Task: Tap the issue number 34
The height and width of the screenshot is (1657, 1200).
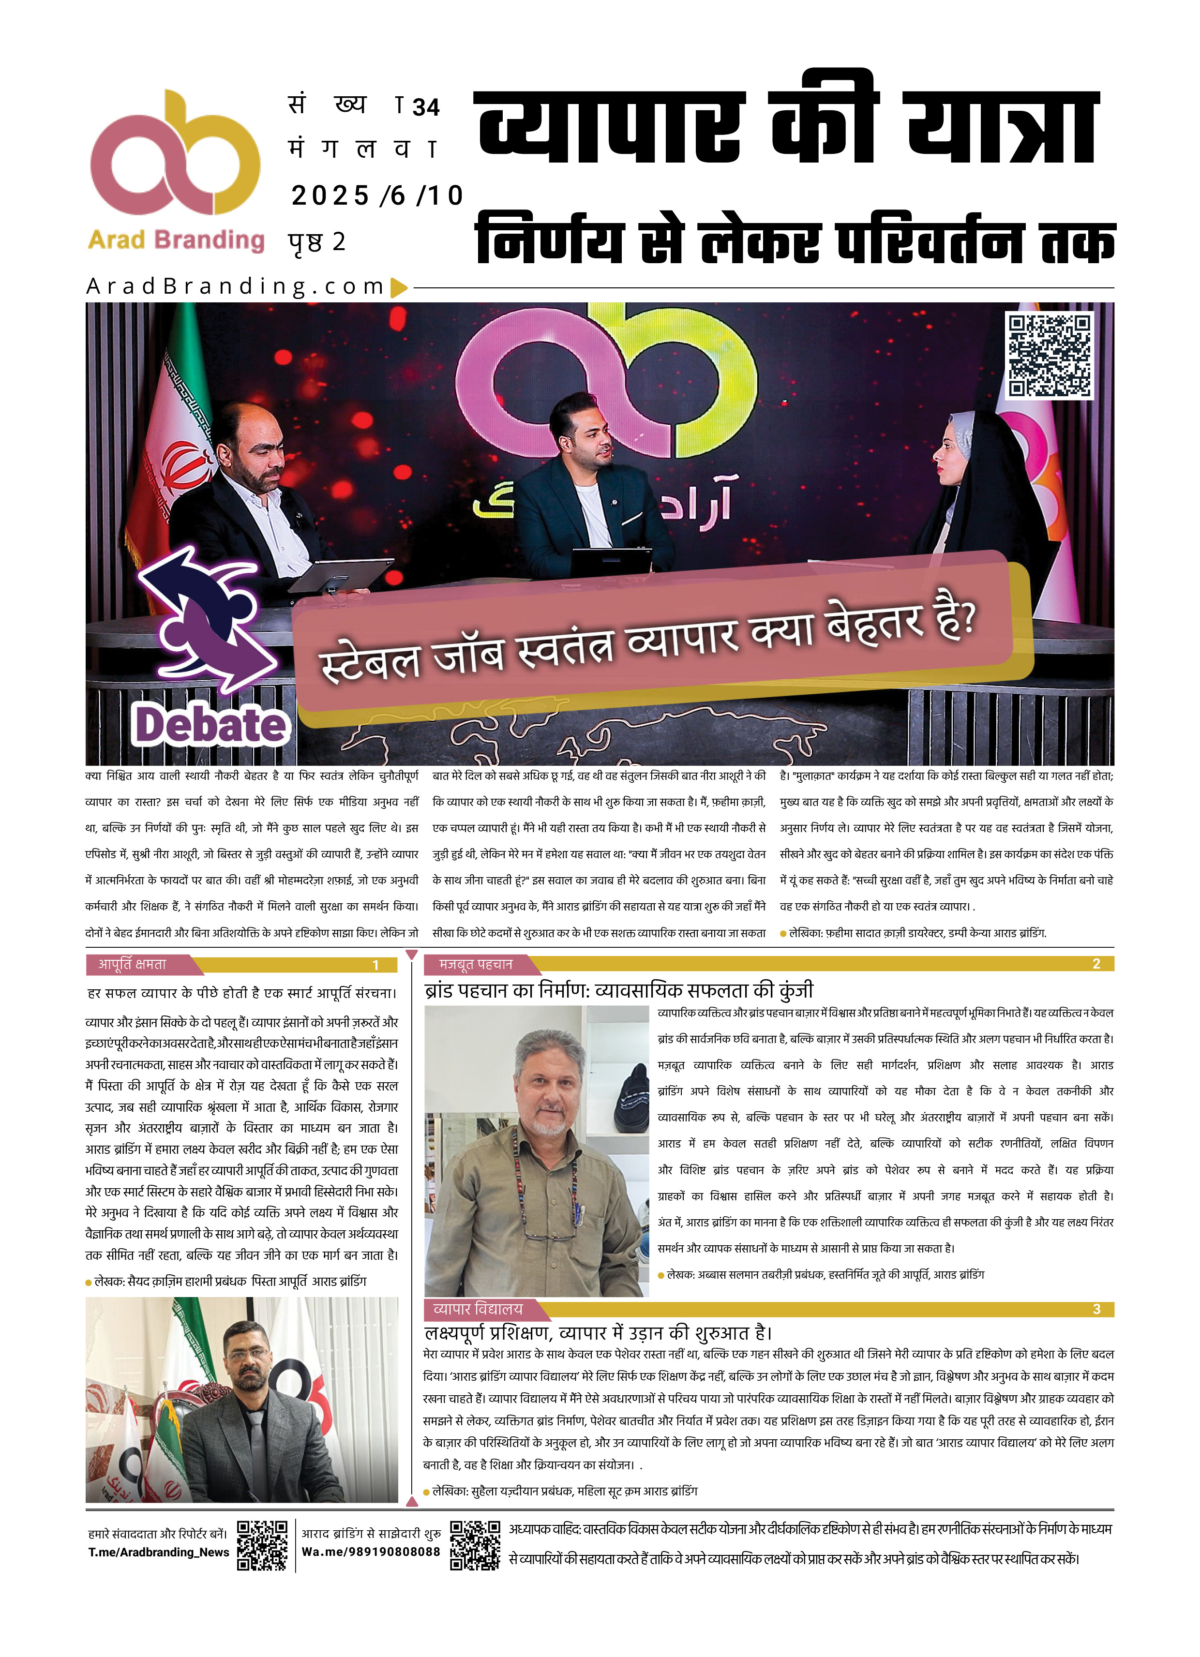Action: click(426, 107)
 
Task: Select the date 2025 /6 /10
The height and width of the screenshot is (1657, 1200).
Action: click(377, 195)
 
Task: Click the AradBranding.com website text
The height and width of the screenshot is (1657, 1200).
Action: click(235, 286)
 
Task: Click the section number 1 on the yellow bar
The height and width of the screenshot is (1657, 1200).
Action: click(375, 965)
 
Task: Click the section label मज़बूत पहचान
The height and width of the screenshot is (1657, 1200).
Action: click(476, 964)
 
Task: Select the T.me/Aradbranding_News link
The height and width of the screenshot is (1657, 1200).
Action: click(159, 1552)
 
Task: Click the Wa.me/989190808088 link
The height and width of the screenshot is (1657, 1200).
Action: click(371, 1552)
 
